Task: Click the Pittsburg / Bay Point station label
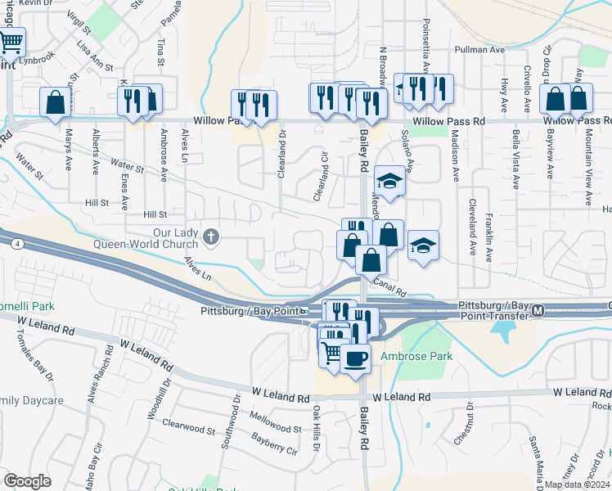point(249,312)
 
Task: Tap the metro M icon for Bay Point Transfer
point(538,311)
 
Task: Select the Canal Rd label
point(389,287)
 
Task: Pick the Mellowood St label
point(275,427)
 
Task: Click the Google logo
point(27,481)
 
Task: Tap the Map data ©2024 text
point(577,484)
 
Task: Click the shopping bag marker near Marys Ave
point(56,102)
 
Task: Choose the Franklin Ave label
point(488,237)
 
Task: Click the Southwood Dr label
point(236,417)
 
